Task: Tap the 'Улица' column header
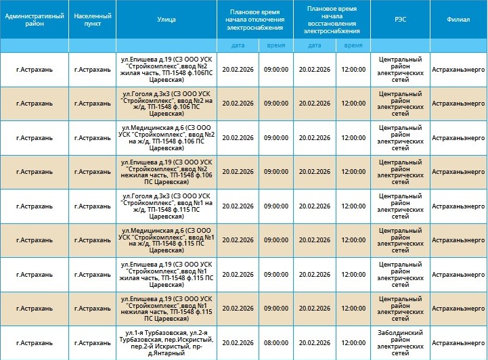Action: coord(167,20)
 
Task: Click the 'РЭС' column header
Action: coord(400,20)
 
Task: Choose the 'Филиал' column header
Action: coord(458,20)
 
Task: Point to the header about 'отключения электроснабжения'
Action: coord(256,20)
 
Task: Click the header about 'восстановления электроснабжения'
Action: coord(332,20)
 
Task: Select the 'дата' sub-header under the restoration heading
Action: coord(315,45)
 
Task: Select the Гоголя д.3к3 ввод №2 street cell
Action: coord(167,104)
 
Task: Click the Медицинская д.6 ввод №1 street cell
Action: coord(167,240)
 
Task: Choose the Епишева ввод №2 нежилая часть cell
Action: coord(167,172)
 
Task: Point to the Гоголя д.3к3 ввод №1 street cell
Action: coord(167,206)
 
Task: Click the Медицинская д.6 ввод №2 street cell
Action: coord(167,137)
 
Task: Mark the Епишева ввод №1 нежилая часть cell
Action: coord(167,309)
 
